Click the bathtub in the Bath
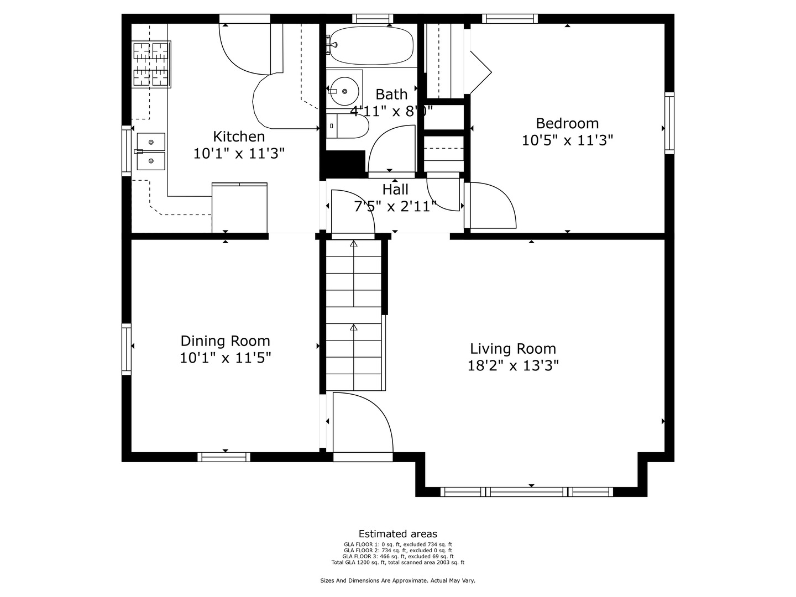pos(371,45)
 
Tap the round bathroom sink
pos(344,91)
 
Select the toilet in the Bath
pos(348,127)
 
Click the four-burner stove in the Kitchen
pos(151,64)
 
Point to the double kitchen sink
pos(151,151)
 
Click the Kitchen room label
pos(239,137)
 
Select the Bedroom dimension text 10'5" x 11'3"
pos(567,140)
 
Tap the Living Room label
pos(513,349)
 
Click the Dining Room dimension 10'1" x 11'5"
pos(225,358)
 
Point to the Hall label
pos(395,190)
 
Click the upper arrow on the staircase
pos(354,243)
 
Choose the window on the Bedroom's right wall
pos(669,123)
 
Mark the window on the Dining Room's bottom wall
pos(224,457)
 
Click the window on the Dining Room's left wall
pos(127,349)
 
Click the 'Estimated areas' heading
pos(397,534)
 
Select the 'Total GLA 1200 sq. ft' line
pos(397,563)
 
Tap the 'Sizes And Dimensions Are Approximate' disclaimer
pos(397,580)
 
